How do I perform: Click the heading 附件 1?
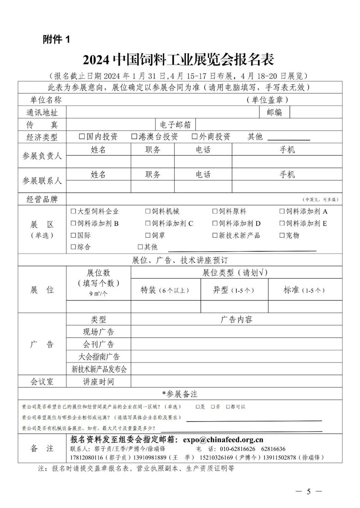click(x=56, y=40)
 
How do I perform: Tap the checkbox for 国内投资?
click(x=81, y=136)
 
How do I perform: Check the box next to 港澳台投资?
click(x=134, y=136)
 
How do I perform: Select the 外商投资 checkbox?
click(x=195, y=136)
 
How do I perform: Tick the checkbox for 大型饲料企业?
click(x=73, y=211)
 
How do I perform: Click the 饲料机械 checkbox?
click(x=148, y=211)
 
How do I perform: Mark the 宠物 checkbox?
click(x=282, y=235)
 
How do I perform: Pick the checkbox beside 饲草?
click(x=148, y=235)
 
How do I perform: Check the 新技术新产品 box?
click(x=215, y=235)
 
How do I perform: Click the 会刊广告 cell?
click(x=99, y=345)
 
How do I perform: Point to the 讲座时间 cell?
click(x=99, y=382)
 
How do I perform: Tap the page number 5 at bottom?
click(x=309, y=491)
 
